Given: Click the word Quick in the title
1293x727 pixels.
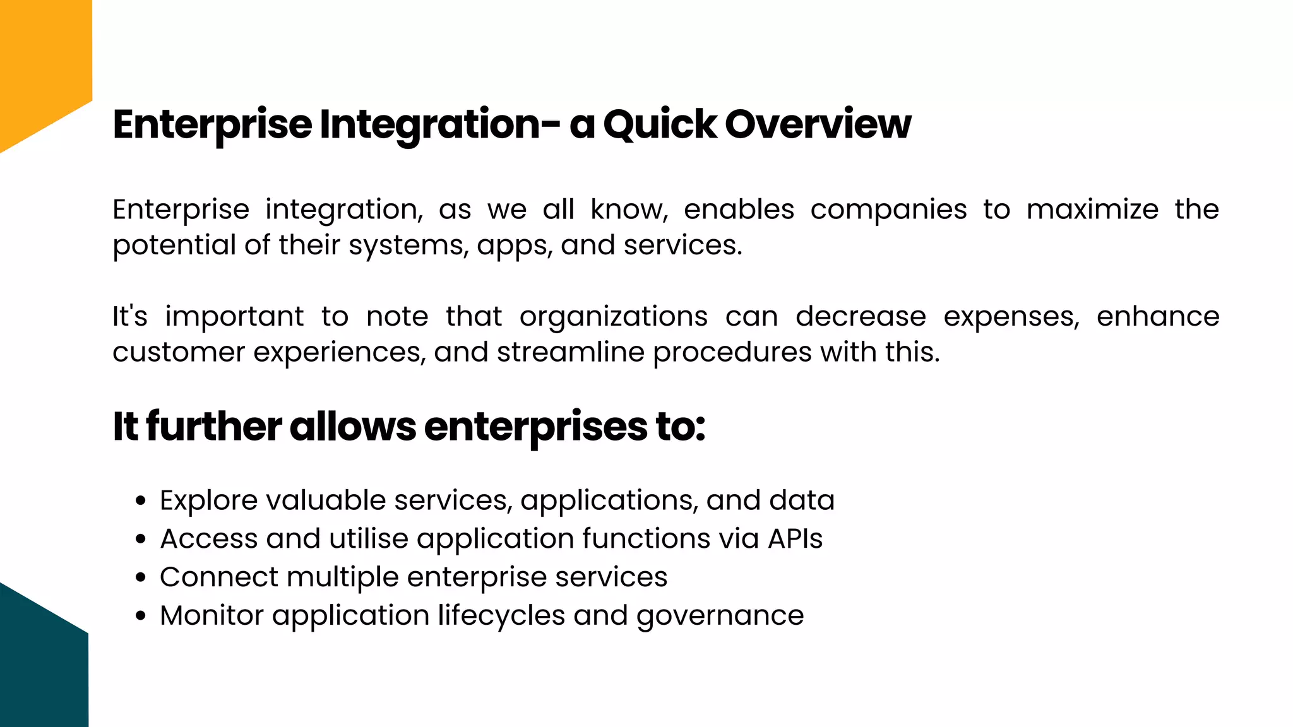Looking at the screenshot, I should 660,124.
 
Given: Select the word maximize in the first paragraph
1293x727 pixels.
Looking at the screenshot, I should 1092,210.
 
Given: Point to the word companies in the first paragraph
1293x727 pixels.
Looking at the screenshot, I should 888,210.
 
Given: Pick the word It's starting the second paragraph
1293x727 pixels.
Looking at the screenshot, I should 129,316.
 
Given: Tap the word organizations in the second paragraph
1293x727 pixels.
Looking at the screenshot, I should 613,316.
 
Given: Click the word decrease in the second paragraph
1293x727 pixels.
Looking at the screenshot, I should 861,316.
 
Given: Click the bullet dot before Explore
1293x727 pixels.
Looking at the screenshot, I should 141,501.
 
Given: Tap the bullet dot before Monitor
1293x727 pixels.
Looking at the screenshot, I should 141,616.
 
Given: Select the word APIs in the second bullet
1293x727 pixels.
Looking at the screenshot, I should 795,539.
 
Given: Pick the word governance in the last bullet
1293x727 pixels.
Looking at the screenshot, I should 720,616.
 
